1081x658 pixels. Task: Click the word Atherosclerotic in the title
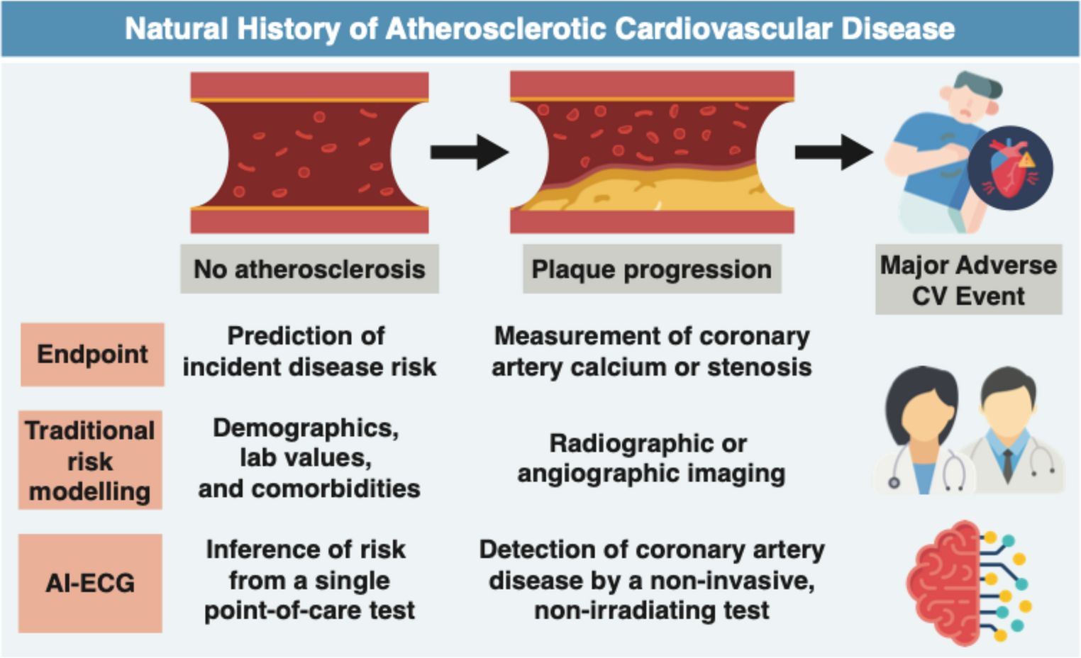point(497,29)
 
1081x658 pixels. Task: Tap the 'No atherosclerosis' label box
point(309,269)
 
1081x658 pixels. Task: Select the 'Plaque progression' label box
point(651,269)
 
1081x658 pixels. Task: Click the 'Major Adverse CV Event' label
point(968,280)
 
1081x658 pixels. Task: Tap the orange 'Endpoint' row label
point(92,354)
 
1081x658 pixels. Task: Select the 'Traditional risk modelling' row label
point(90,460)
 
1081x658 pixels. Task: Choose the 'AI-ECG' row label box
point(90,583)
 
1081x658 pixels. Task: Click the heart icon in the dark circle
point(1009,168)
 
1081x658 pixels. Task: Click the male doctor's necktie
point(1007,464)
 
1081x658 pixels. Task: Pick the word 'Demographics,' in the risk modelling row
point(306,428)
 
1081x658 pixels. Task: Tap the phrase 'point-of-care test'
point(309,610)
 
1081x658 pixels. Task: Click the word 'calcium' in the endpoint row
point(627,367)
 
